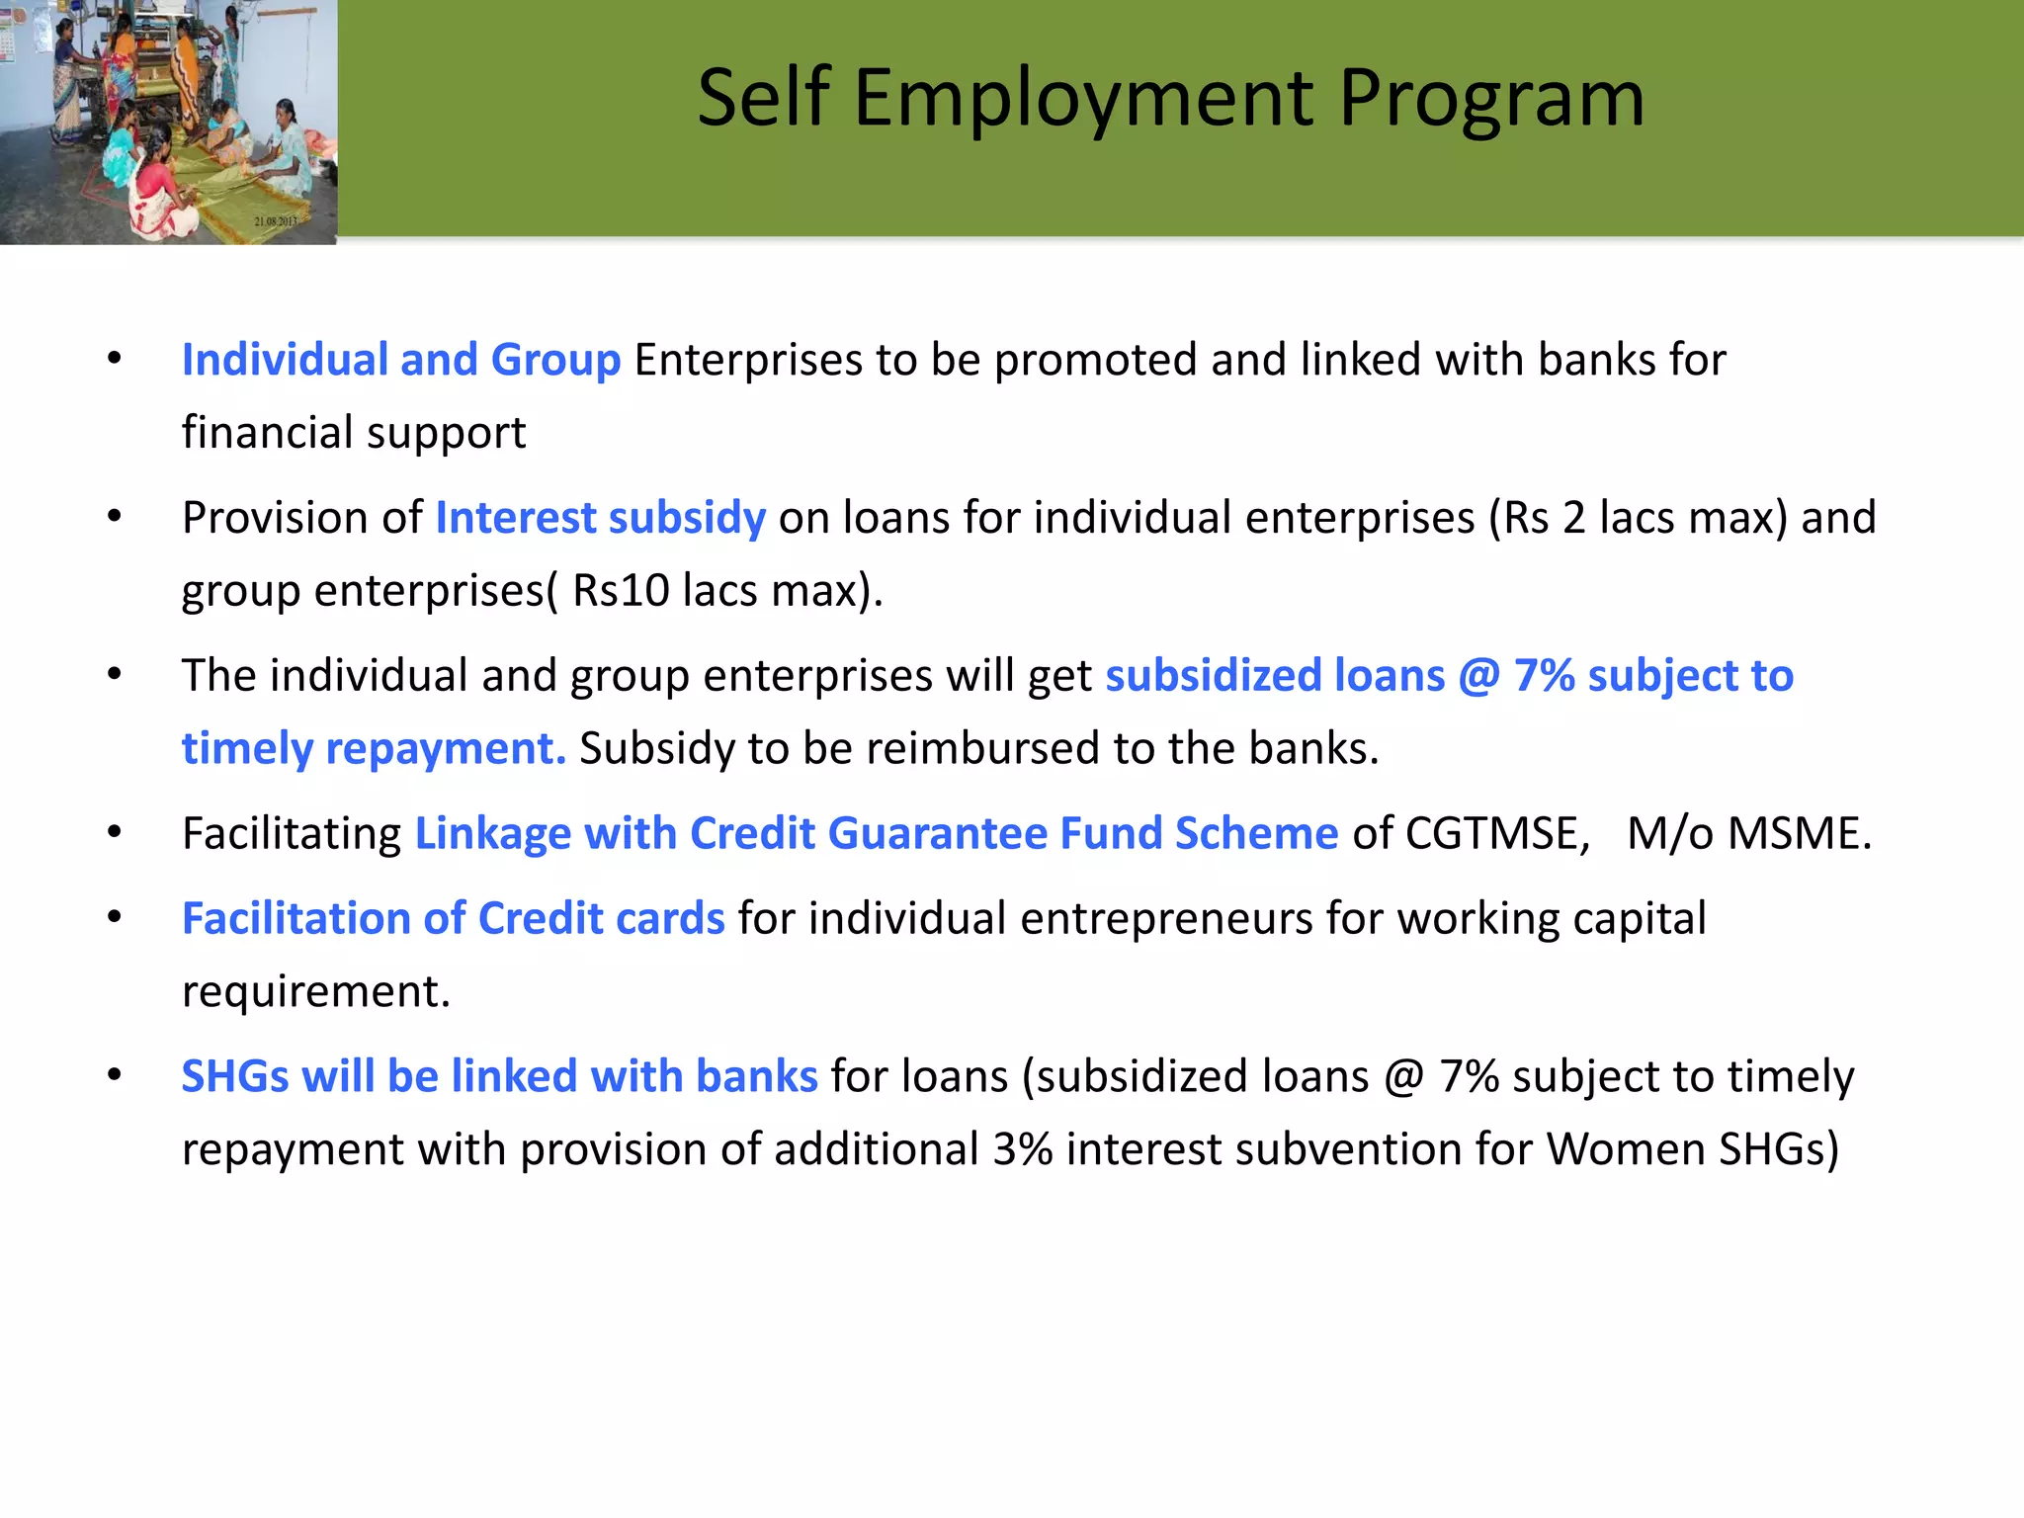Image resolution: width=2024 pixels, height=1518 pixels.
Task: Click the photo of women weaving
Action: [x=168, y=122]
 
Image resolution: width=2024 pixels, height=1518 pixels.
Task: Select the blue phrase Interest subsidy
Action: [x=600, y=518]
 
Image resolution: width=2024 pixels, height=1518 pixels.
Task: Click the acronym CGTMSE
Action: [x=1496, y=833]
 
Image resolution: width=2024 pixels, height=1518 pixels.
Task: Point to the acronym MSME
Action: [x=1798, y=833]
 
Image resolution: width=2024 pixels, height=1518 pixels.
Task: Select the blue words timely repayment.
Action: [x=374, y=748]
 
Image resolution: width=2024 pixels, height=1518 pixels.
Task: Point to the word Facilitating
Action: [x=292, y=833]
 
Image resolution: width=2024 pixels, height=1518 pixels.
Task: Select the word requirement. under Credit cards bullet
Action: [x=315, y=991]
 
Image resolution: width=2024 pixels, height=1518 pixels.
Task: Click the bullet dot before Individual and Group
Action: [x=115, y=358]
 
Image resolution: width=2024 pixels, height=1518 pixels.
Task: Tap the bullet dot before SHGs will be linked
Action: [x=115, y=1074]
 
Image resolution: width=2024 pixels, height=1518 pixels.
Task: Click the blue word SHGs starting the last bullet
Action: [x=235, y=1076]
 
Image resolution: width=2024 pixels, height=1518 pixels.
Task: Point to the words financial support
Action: [x=353, y=433]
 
